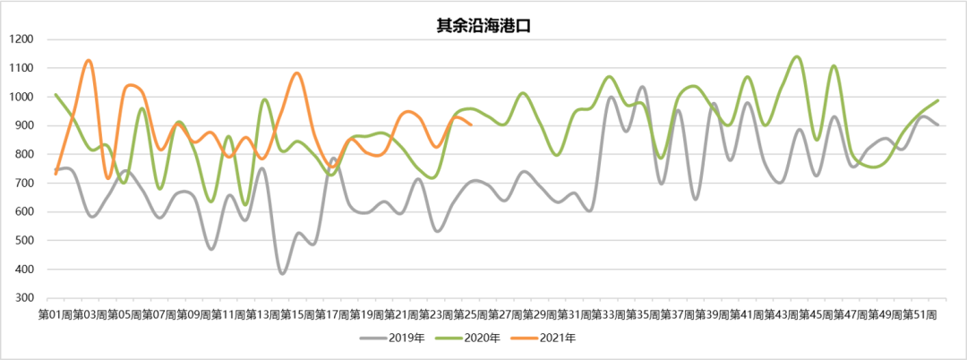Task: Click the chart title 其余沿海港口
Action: (483, 26)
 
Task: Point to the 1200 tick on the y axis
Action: (21, 39)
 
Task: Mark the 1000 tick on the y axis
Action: (21, 97)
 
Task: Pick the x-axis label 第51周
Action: (920, 314)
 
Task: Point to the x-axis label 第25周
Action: (470, 314)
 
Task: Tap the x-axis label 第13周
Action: (262, 314)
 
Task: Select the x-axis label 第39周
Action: (713, 314)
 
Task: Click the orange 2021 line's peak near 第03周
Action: (89, 60)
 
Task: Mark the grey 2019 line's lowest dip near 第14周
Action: (283, 273)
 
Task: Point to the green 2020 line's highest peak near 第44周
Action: (797, 56)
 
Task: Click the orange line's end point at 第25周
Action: (471, 124)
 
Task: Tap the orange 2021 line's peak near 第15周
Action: (297, 73)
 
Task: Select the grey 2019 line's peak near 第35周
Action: (643, 87)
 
